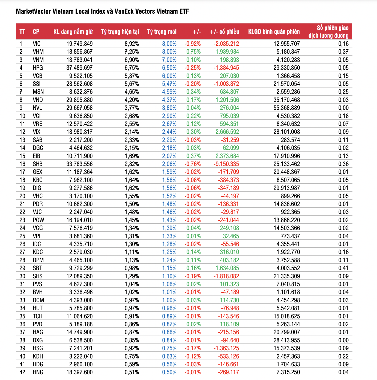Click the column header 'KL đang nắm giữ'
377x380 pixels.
(x=73, y=32)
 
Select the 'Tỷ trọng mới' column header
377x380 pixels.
(x=162, y=32)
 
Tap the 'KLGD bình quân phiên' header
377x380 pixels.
(x=274, y=32)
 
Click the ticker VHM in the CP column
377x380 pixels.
(x=38, y=52)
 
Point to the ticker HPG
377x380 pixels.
(x=38, y=68)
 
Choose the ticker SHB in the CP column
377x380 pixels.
(x=38, y=164)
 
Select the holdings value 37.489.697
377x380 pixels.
(x=79, y=68)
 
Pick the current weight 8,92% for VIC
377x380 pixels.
(x=132, y=44)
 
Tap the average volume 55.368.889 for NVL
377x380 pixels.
(x=287, y=108)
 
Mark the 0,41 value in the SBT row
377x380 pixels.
(x=343, y=268)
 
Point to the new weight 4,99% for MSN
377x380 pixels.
(x=169, y=92)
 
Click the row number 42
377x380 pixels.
(x=22, y=372)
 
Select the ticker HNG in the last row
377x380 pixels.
(x=38, y=372)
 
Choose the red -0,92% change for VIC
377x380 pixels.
(x=193, y=44)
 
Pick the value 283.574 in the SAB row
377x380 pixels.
(x=290, y=140)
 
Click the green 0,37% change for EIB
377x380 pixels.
(x=193, y=156)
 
